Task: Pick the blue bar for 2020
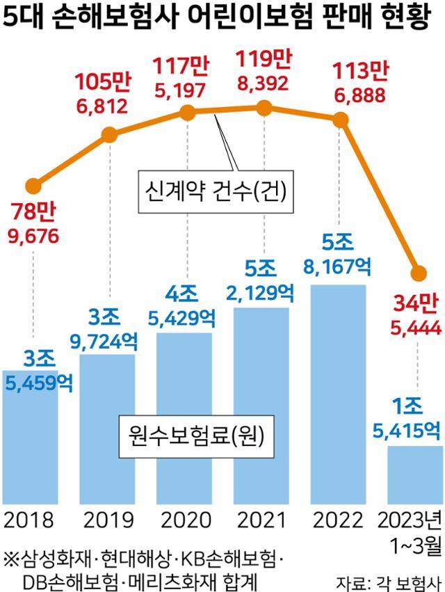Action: click(184, 417)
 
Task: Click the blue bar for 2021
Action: click(261, 403)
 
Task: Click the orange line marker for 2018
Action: click(33, 186)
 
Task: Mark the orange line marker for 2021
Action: click(263, 107)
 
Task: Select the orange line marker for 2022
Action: click(339, 120)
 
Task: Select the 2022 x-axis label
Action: click(338, 520)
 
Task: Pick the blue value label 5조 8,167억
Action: click(338, 253)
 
